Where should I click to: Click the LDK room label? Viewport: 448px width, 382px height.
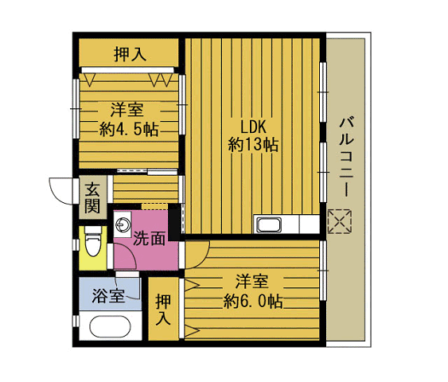click(253, 127)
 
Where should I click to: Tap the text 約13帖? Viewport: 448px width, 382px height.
click(253, 145)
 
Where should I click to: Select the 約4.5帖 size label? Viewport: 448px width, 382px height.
click(129, 129)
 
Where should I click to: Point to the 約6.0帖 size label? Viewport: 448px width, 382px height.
click(253, 302)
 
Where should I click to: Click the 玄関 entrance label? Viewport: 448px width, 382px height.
click(92, 197)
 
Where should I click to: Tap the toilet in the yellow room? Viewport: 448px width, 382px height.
click(93, 241)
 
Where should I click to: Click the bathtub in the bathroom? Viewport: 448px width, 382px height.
click(110, 327)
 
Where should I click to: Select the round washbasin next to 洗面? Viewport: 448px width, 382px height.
click(123, 224)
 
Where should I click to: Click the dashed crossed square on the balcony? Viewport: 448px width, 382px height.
click(340, 221)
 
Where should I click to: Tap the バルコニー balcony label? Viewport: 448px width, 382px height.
click(347, 158)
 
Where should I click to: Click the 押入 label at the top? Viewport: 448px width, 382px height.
click(130, 54)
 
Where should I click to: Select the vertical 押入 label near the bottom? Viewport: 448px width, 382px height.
click(163, 310)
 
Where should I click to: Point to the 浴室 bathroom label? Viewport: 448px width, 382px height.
click(108, 296)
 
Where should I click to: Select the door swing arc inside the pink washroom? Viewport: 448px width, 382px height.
click(129, 254)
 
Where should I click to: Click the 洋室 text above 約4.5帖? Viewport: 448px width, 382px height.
click(127, 111)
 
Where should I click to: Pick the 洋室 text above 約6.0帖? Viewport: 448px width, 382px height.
click(252, 282)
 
